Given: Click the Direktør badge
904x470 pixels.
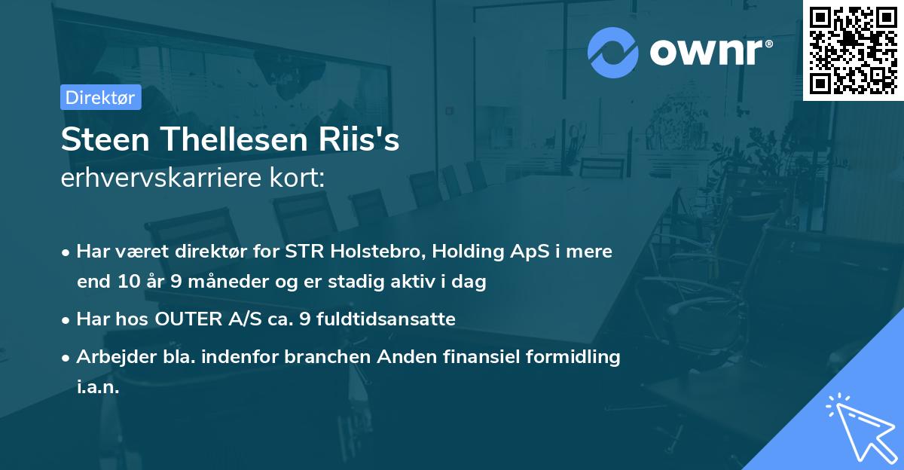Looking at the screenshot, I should [101, 97].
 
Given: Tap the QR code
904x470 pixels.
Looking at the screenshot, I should [854, 50].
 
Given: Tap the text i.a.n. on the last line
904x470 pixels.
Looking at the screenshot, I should [98, 388].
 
